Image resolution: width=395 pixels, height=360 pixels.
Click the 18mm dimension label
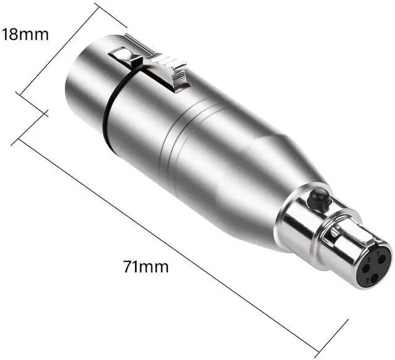tap(25, 35)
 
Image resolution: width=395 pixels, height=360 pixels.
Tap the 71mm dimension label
tap(146, 267)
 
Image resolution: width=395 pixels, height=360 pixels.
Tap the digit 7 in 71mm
tap(128, 267)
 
